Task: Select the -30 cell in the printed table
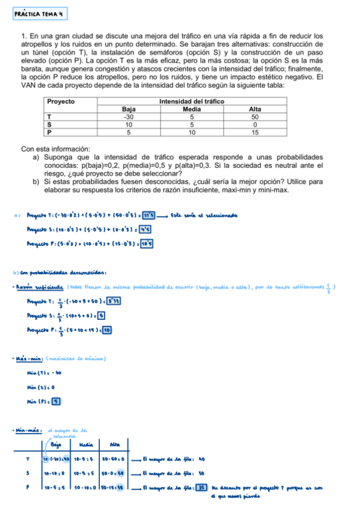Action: coord(128,117)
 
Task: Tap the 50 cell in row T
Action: coord(255,117)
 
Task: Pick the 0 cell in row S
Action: coord(255,124)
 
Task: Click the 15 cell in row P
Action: coord(255,132)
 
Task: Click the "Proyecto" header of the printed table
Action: coord(60,102)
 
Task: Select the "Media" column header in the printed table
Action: coord(191,109)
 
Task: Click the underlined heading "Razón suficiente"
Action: coord(40,286)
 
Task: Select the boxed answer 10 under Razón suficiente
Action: coord(107,330)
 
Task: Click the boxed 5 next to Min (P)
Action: coord(56,401)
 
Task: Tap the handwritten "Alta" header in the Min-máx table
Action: coord(115,444)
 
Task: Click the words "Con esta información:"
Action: coord(55,149)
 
